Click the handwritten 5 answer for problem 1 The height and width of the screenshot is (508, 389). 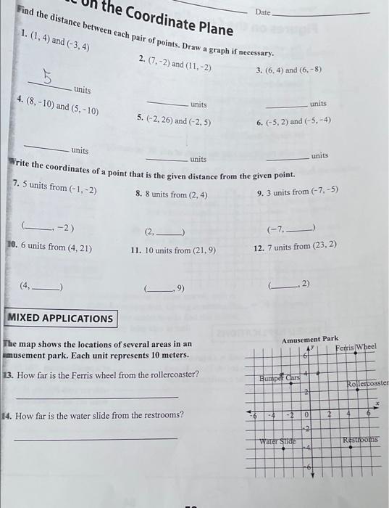(48, 75)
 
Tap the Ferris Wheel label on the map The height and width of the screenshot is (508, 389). (356, 348)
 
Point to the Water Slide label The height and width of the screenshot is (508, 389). (279, 440)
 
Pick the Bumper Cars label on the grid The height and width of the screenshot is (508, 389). (280, 378)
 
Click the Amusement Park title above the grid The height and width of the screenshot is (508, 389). (309, 339)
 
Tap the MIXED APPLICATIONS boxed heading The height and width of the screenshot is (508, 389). (61, 318)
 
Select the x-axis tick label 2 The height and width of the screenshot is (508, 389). (328, 414)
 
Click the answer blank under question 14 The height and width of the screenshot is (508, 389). (96, 437)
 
